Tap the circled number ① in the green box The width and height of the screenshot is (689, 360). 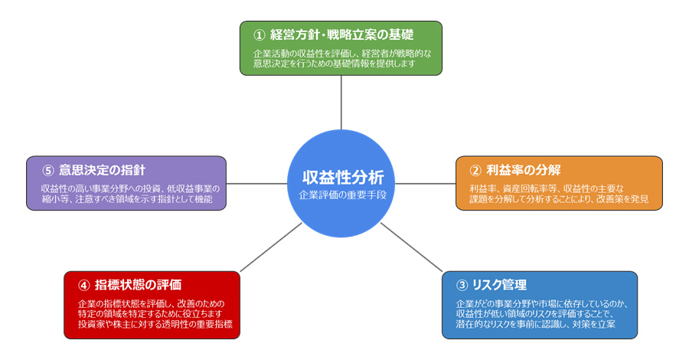pyautogui.click(x=259, y=34)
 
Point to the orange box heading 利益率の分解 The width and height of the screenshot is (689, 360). pyautogui.click(x=524, y=169)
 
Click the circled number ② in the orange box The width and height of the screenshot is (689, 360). pyautogui.click(x=475, y=169)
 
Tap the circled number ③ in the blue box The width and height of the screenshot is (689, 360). pyautogui.click(x=462, y=285)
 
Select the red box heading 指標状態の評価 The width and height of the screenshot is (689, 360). pyautogui.click(x=138, y=285)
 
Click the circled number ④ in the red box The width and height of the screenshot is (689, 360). pyautogui.click(x=83, y=285)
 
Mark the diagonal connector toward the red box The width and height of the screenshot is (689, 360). pyautogui.click(x=272, y=247)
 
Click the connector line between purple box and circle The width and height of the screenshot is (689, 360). pyautogui.click(x=256, y=184)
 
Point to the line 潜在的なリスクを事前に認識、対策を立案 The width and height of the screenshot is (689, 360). pyautogui.click(x=536, y=324)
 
